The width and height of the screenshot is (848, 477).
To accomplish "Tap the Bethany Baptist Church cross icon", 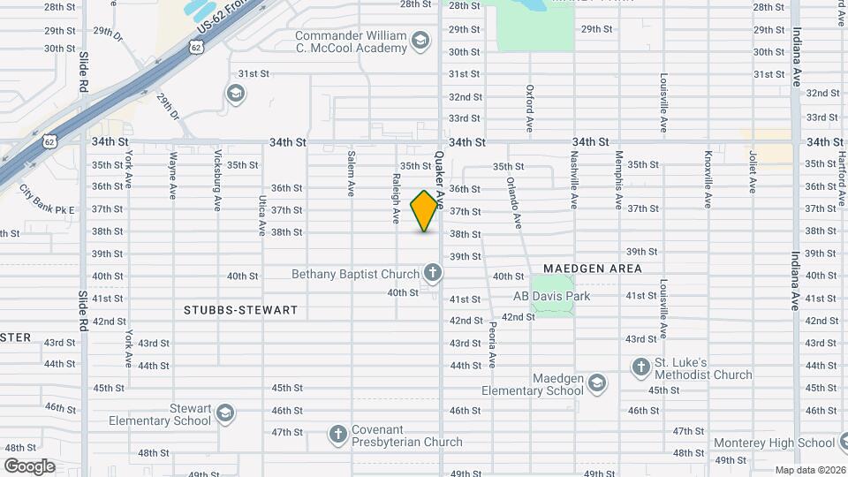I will (x=432, y=274).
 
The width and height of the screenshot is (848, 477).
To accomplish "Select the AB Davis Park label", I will (x=551, y=296).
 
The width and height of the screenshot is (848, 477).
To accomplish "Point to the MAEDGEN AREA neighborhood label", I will (x=592, y=268).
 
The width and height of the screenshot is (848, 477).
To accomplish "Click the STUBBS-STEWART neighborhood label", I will (x=241, y=310).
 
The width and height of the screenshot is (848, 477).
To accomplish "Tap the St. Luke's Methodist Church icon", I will (x=641, y=366).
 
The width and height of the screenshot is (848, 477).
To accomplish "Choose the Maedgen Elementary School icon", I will (x=598, y=382).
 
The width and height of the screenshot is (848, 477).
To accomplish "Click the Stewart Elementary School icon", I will (x=225, y=413).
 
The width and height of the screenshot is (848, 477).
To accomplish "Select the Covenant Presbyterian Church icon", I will (x=337, y=434).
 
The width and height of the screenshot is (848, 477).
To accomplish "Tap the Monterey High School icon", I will (x=843, y=443).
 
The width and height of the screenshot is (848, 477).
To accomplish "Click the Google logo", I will (x=30, y=466).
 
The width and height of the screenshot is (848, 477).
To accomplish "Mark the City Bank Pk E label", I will (x=47, y=201).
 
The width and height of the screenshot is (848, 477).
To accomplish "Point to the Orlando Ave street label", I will (x=514, y=201).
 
